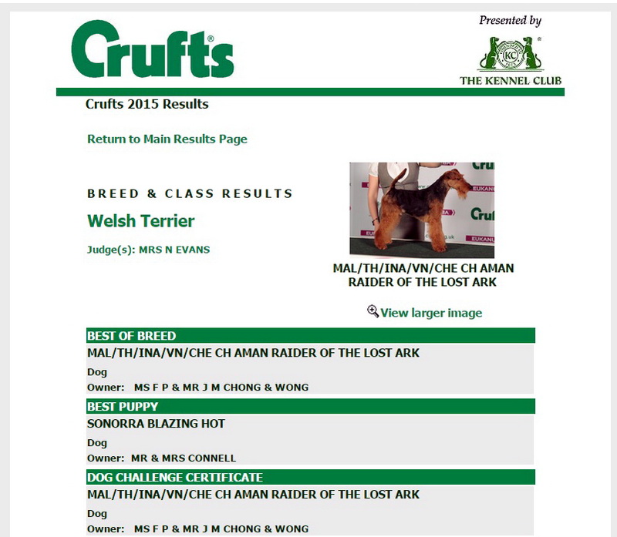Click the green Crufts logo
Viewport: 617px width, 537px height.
[152, 52]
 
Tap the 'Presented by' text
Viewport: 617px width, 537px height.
[510, 21]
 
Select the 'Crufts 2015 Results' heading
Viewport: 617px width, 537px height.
[147, 104]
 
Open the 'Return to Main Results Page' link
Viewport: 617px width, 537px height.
[167, 139]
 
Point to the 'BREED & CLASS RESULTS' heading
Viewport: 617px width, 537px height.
[190, 194]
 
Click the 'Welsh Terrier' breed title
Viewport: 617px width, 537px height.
[141, 221]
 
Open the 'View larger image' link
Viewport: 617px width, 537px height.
[431, 313]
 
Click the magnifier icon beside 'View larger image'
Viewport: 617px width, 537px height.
[373, 311]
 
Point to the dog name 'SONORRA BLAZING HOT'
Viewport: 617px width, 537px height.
[156, 424]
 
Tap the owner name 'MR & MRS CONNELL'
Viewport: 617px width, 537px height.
[184, 458]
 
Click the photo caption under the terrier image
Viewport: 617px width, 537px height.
[423, 275]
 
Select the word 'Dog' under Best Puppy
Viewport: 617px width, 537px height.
[97, 443]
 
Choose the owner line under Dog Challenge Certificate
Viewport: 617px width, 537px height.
[197, 529]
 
